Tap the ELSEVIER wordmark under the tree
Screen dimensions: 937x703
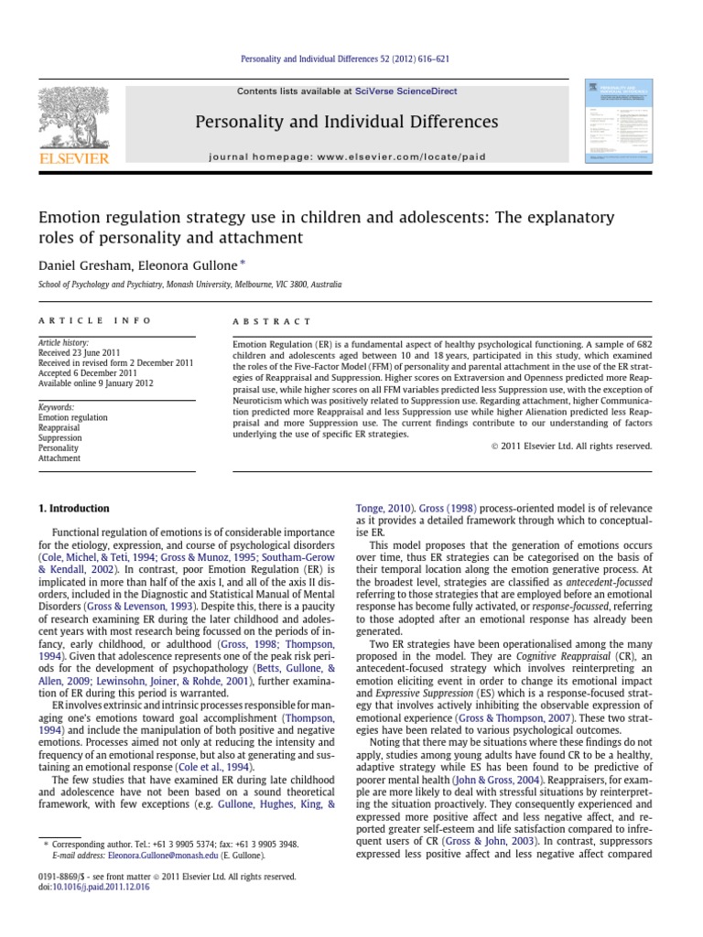pos(72,157)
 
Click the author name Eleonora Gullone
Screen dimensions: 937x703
pos(190,265)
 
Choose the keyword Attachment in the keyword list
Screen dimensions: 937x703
pos(59,458)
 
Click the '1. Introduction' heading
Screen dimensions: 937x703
pos(73,509)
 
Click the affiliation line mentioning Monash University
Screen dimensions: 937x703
pos(182,285)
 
